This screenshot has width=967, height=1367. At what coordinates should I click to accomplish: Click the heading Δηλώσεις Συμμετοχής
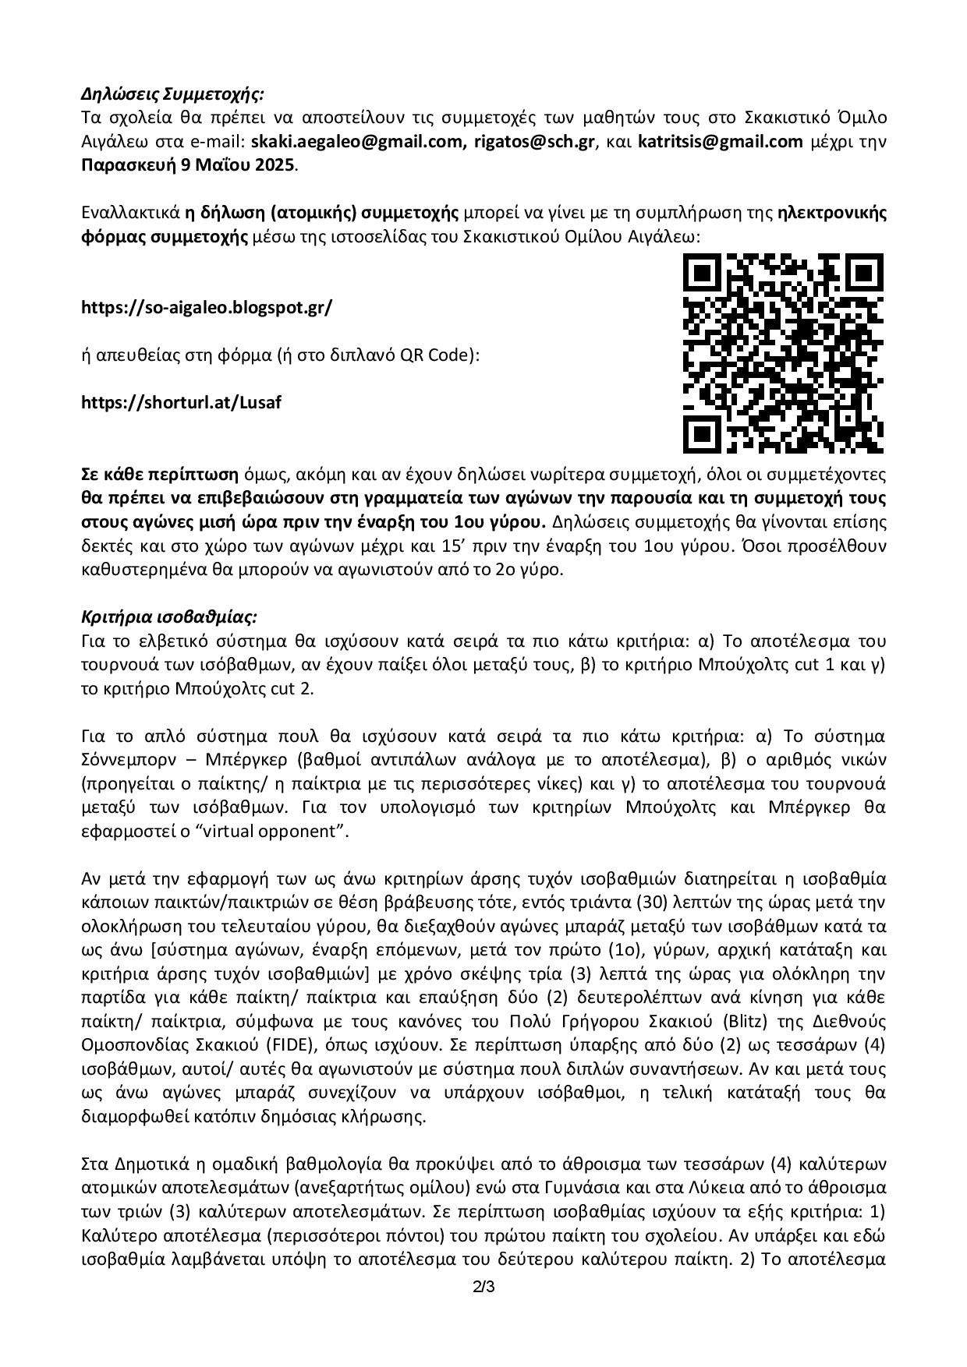point(173,94)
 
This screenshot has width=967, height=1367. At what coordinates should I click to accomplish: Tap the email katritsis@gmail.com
point(720,142)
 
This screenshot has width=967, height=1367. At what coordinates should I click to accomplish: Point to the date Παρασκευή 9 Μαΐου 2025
point(188,165)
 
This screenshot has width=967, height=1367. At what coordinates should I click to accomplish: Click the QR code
point(783,352)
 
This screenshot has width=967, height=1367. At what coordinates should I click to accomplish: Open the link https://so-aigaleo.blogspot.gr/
point(207,307)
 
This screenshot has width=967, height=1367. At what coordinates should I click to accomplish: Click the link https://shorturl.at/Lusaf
point(181,403)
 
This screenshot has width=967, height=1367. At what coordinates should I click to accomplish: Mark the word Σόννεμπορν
point(130,759)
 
